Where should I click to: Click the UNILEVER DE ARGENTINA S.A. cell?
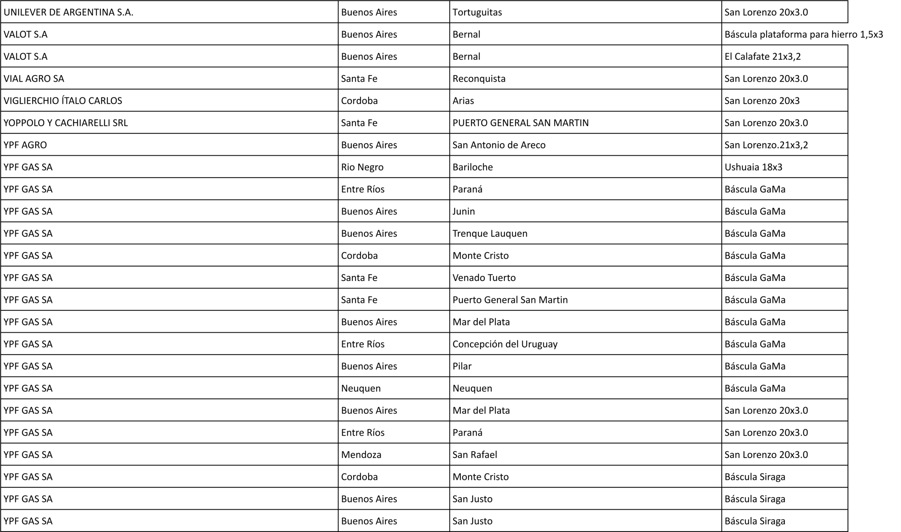coord(69,12)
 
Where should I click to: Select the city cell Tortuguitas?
coord(477,12)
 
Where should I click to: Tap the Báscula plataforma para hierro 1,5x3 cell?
coord(803,34)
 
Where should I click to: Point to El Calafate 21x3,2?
coord(762,57)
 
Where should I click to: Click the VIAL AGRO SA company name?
coord(34,78)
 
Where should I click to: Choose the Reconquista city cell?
coord(479,78)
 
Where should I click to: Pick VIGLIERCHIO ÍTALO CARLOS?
coord(63,101)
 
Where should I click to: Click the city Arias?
coord(463,101)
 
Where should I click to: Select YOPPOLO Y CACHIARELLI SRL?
coord(65,123)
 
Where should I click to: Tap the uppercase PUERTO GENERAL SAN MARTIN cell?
coord(520,123)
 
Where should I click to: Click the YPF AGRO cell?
coord(25,145)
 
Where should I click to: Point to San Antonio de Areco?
coord(499,145)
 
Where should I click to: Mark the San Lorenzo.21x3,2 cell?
coord(766,145)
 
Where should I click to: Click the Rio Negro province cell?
coord(362,167)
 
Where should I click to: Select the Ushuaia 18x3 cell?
coord(753,167)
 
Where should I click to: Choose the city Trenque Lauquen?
coord(490,233)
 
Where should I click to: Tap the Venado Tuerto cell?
coord(484,278)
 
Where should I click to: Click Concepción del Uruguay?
coord(505,344)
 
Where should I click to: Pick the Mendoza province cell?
coord(361,455)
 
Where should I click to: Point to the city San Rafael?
coord(474,455)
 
